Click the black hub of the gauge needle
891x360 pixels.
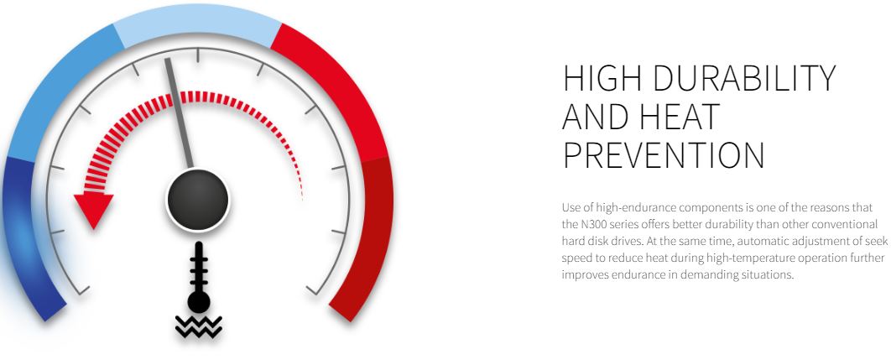point(198,200)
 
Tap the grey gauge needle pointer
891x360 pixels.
point(179,113)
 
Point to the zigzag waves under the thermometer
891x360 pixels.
point(198,326)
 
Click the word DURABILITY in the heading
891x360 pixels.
point(744,78)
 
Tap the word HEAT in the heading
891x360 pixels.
point(680,116)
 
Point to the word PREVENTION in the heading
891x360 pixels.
point(663,154)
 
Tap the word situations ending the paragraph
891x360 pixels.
point(769,274)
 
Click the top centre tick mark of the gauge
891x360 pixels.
point(198,55)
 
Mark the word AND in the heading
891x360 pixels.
point(597,116)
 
